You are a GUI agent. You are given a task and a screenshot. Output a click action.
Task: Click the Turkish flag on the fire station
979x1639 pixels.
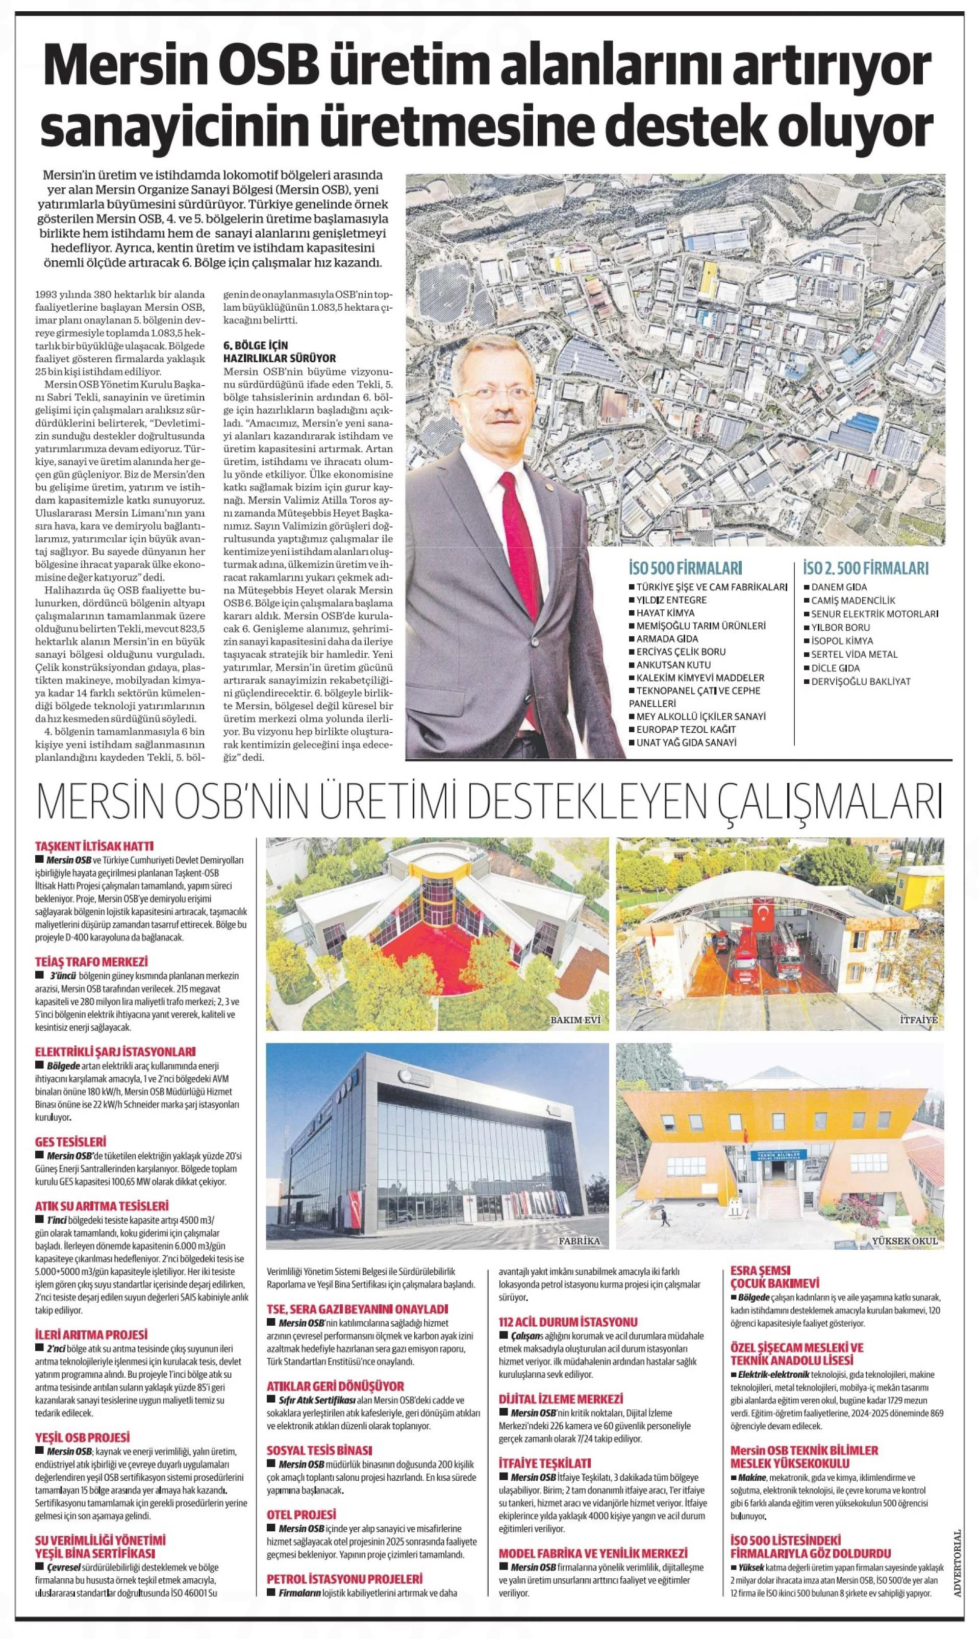[x=765, y=913]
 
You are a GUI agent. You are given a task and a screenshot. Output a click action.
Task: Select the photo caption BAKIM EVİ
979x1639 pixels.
[x=575, y=1020]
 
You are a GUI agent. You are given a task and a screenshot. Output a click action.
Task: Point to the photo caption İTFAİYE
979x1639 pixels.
[x=918, y=1020]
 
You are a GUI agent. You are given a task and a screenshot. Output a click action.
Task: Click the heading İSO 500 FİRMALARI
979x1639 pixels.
[x=686, y=568]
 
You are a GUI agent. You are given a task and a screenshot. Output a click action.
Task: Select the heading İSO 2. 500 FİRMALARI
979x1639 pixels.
[x=866, y=568]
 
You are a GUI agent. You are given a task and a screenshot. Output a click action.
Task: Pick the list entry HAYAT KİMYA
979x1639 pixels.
[x=665, y=613]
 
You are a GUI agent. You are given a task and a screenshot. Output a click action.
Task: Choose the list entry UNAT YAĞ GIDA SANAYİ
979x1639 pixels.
[x=686, y=742]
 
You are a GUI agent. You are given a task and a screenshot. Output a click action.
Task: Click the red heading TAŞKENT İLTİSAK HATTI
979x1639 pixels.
[x=94, y=846]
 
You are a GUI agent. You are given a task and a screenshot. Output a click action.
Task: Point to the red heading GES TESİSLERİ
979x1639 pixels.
[x=70, y=1141]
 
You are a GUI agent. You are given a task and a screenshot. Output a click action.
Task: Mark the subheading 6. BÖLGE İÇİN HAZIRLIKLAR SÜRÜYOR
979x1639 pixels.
[x=280, y=352]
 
